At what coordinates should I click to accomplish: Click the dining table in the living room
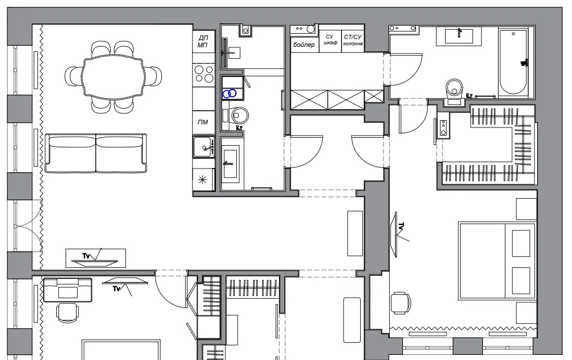point(113,77)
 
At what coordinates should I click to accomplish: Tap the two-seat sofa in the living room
point(96,153)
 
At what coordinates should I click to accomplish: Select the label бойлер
point(304,45)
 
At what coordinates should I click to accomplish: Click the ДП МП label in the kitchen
point(203,41)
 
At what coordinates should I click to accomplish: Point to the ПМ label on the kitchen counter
point(203,122)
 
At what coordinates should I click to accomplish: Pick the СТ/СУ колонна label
point(353,40)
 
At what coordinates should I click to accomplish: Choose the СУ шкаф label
point(330,40)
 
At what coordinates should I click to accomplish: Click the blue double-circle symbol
point(230,94)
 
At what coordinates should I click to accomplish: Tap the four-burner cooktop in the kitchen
point(204,74)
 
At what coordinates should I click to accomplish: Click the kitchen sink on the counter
point(204,147)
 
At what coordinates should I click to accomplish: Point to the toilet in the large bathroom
point(454,91)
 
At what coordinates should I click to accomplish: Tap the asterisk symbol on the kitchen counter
point(202,179)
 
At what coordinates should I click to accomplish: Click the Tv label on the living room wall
point(86,256)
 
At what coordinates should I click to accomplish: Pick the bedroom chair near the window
point(401,303)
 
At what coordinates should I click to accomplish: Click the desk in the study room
point(68,290)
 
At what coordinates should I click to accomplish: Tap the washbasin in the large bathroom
point(459,36)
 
